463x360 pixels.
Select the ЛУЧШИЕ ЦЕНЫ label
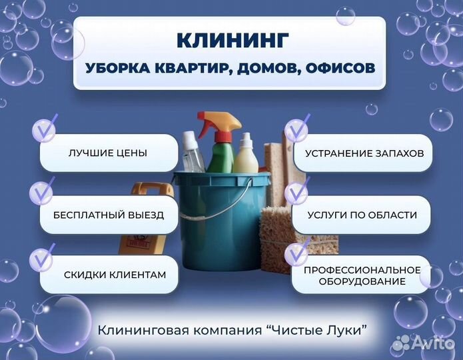click(x=108, y=153)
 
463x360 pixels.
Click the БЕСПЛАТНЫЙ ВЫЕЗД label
click(x=109, y=215)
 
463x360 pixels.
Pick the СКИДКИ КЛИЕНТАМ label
click(x=115, y=275)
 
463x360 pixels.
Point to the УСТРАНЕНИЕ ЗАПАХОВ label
click(x=364, y=153)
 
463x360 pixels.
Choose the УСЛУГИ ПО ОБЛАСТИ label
click(x=362, y=215)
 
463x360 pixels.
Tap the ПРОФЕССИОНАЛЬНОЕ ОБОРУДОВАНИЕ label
click(x=362, y=275)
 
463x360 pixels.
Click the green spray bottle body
click(x=220, y=157)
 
